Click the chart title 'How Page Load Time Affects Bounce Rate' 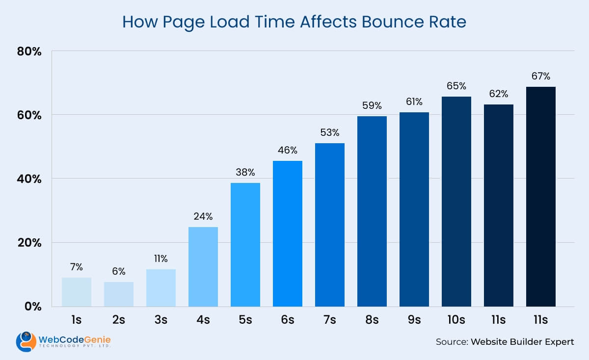(294, 22)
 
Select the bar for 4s (203, 267)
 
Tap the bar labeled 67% (540, 197)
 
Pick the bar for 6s (288, 233)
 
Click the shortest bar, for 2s (119, 294)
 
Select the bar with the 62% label (498, 206)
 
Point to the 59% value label (372, 105)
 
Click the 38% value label (245, 172)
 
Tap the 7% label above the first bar (77, 267)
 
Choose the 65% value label (456, 86)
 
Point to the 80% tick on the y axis (30, 51)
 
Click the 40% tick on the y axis (30, 179)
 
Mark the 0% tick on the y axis (33, 307)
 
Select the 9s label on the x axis (414, 320)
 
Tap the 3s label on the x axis (161, 320)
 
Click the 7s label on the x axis (329, 320)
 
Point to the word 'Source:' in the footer (451, 342)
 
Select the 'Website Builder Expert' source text (522, 342)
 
